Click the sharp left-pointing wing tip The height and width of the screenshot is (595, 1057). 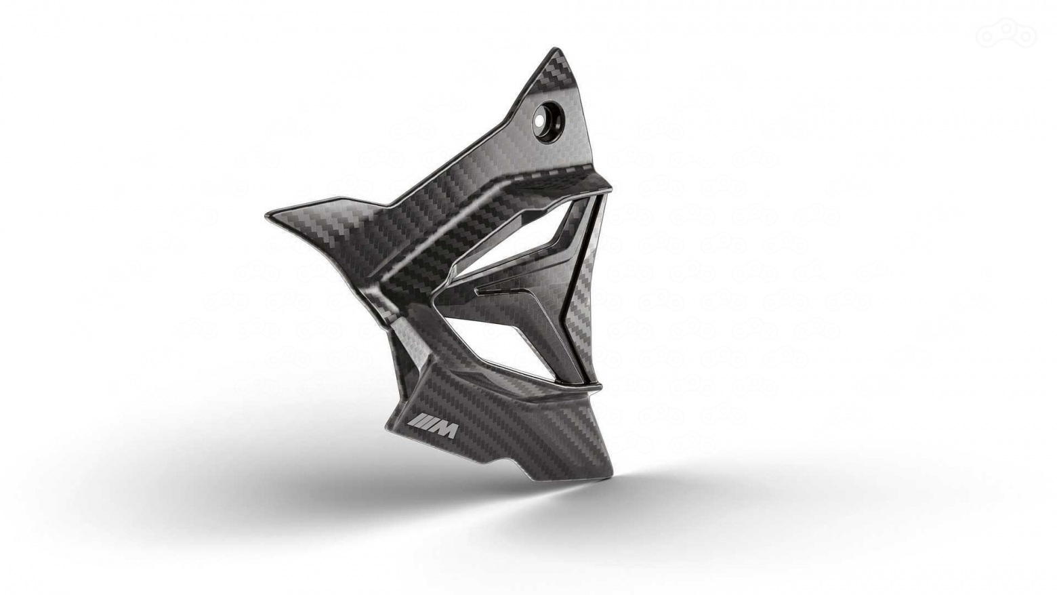[x=266, y=214]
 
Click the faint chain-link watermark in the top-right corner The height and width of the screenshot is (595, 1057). [x=1006, y=34]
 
